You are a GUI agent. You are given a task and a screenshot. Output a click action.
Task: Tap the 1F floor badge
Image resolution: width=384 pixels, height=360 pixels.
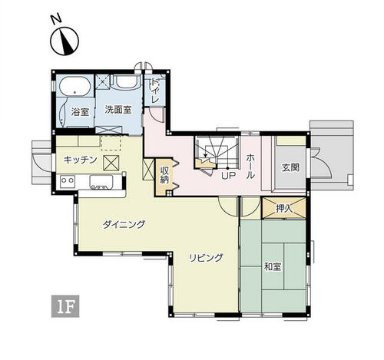click(65, 306)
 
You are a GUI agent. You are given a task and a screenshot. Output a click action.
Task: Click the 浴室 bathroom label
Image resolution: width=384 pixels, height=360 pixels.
click(80, 112)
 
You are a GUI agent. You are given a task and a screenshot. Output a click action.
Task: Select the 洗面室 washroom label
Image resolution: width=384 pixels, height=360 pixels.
click(118, 110)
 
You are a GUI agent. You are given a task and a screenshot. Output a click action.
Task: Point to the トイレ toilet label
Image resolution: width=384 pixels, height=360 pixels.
click(154, 91)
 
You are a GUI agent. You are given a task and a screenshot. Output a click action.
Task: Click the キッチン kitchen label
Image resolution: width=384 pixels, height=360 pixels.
click(80, 160)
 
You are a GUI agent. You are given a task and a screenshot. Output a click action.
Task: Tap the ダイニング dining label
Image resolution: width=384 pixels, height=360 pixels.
click(124, 225)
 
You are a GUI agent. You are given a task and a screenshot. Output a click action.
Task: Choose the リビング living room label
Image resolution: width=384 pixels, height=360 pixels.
click(206, 258)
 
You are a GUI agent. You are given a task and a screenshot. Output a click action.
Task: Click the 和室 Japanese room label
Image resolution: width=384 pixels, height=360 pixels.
click(273, 267)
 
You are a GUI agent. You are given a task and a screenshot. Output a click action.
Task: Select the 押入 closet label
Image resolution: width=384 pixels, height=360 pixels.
click(284, 209)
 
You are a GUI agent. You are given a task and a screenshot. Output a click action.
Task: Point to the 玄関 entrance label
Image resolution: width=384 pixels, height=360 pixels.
click(290, 167)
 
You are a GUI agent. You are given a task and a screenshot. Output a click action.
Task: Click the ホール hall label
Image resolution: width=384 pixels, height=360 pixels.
click(250, 167)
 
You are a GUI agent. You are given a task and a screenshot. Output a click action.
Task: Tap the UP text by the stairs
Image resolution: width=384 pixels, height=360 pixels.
click(228, 176)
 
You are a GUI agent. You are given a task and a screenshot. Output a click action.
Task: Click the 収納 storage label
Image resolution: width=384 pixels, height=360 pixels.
click(164, 175)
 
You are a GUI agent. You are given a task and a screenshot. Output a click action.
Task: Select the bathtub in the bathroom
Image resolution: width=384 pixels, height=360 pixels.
click(74, 86)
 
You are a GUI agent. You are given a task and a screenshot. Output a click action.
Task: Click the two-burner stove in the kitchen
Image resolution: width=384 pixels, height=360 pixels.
click(68, 181)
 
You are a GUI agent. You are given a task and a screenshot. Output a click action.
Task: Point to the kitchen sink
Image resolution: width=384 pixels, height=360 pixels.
click(101, 182)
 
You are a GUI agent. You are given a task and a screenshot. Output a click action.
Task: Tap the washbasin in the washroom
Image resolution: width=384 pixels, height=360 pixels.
click(125, 81)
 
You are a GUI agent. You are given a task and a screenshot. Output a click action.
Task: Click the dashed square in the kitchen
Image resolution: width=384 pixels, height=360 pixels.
click(111, 143)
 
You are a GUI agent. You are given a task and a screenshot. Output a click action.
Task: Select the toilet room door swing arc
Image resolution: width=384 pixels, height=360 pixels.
click(156, 117)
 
